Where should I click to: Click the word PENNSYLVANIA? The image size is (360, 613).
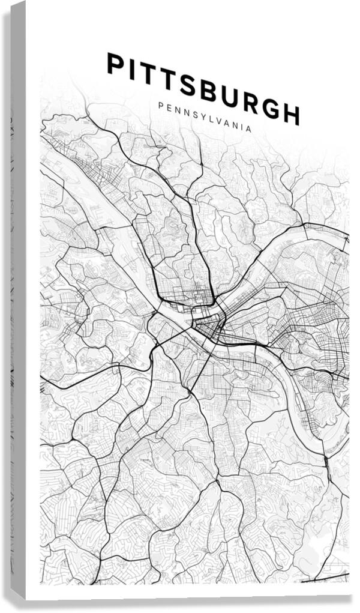coord(205,117)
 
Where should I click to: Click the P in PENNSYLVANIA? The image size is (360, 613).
coord(161,104)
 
